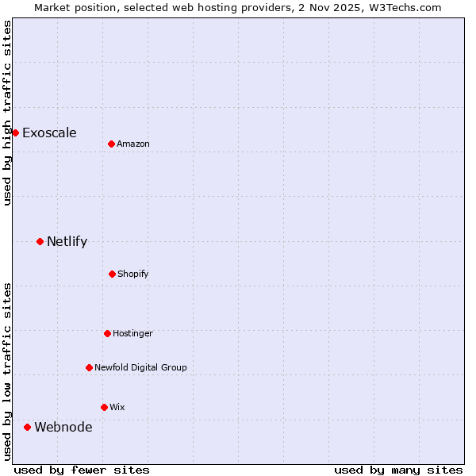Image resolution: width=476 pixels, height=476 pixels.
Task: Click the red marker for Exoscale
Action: pos(15,132)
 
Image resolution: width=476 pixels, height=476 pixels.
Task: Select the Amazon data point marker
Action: pos(111,144)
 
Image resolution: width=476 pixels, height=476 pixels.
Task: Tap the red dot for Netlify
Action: pos(40,241)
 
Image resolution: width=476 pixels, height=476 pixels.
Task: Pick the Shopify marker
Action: pos(112,274)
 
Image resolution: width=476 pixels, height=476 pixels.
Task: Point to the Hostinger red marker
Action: pos(107,333)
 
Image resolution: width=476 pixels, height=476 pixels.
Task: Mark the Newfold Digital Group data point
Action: pos(89,367)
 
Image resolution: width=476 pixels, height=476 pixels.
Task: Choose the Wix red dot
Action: pos(104,407)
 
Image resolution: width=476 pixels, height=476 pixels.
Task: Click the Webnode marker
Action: pos(27,427)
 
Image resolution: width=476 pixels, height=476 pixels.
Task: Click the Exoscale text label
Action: pos(49,132)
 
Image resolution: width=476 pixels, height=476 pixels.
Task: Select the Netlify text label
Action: pos(67,241)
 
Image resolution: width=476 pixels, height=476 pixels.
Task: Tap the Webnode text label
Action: pos(63,427)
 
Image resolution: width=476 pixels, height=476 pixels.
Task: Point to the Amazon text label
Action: pos(133,144)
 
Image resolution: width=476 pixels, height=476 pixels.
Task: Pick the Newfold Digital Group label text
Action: pos(140,367)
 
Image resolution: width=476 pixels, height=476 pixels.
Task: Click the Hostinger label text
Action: pos(132,333)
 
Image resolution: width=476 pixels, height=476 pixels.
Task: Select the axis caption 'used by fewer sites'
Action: pos(82,470)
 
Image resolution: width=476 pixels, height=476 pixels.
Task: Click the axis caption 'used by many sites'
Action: pos(398,470)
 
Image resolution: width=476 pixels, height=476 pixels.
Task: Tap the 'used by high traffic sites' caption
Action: pos(7,113)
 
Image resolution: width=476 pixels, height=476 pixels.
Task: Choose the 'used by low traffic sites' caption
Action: pos(7,370)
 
